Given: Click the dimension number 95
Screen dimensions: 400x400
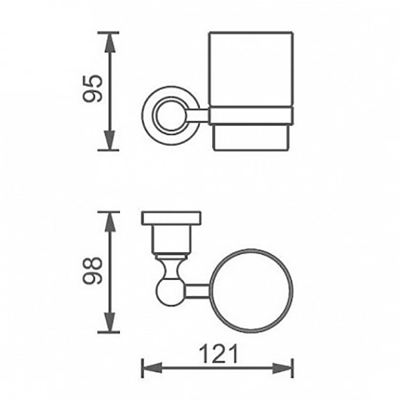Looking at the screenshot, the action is [x=93, y=89].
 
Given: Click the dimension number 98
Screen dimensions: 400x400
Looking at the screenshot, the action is [x=93, y=271].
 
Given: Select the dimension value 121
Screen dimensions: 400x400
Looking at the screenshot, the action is [x=218, y=354].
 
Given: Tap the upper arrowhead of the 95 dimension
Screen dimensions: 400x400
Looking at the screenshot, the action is [x=110, y=43].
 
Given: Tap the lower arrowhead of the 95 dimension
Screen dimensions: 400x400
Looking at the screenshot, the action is [x=110, y=140].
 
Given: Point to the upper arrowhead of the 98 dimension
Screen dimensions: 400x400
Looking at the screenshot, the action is [x=110, y=222].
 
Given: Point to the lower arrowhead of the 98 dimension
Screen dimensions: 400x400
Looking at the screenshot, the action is [x=110, y=323].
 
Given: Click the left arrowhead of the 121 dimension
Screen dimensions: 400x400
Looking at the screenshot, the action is [x=152, y=368].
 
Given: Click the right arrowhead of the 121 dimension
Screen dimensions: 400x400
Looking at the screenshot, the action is [x=283, y=368].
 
